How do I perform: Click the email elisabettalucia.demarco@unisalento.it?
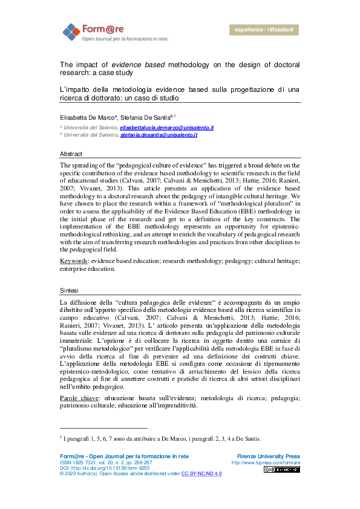click(166, 128)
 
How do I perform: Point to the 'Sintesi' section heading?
click(68, 290)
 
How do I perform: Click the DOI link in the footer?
click(103, 468)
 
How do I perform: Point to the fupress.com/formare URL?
click(266, 462)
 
